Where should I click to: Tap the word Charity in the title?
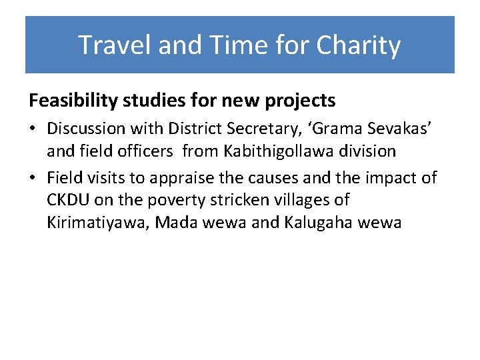tap(358, 45)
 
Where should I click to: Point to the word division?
tap(369, 151)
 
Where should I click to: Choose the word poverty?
tap(176, 200)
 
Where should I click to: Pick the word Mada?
tap(173, 223)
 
